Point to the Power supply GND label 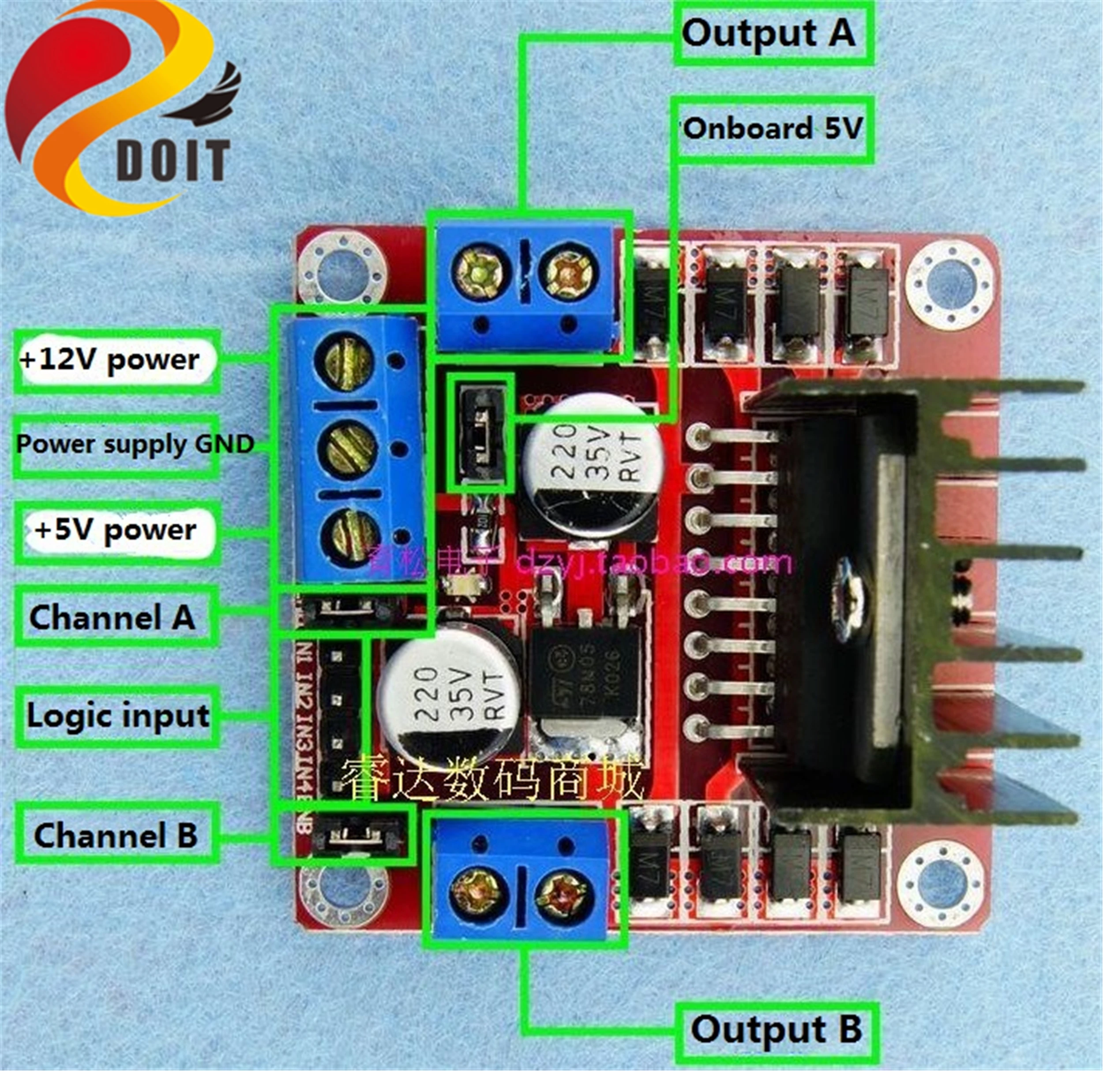[x=134, y=445]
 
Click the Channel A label [x=113, y=617]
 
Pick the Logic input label [x=116, y=716]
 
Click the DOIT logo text [x=173, y=160]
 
